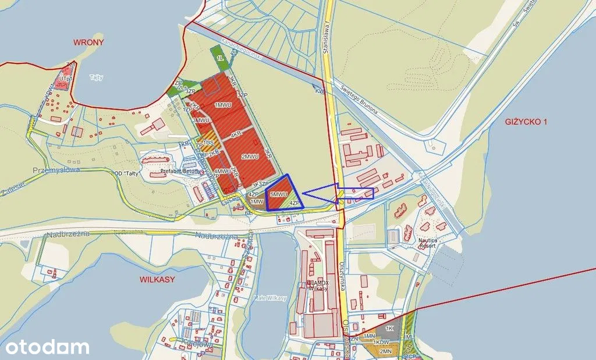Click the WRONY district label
pos(88,42)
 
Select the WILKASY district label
pos(157,279)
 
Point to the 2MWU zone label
pos(250,156)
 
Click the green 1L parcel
pos(220,58)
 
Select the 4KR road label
pos(236,135)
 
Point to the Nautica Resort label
pos(427,243)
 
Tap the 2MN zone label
pos(385,351)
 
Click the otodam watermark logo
pos(45,347)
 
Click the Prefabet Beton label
pos(178,173)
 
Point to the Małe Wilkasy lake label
pos(271,298)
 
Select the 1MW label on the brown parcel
pos(256,201)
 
